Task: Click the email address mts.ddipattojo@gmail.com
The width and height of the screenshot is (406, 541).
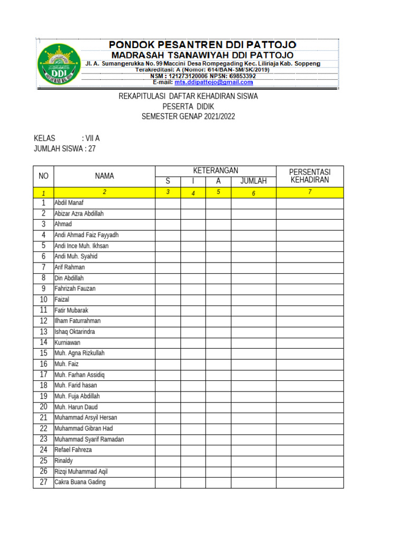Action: point(217,82)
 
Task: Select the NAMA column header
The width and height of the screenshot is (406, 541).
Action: point(104,176)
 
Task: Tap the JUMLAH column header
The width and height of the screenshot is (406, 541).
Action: point(253,181)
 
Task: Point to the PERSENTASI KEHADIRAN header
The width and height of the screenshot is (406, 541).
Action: point(310,176)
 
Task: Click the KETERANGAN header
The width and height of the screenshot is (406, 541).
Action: point(216,171)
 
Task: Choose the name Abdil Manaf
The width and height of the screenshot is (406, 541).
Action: point(69,203)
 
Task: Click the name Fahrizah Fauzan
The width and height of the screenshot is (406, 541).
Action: point(75,289)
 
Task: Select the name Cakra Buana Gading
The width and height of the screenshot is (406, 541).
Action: point(80,482)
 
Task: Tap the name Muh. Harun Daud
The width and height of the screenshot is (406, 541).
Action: point(76,407)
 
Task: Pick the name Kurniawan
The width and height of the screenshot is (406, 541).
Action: point(67,342)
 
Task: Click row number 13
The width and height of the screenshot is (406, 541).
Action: point(43,332)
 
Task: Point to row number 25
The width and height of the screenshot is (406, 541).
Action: point(43,461)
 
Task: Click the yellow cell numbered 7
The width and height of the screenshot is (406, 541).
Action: point(310,192)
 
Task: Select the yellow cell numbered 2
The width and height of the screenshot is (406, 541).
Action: point(104,192)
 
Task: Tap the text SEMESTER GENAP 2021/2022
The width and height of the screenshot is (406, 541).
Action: point(188,116)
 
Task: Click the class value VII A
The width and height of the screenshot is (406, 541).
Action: point(91,138)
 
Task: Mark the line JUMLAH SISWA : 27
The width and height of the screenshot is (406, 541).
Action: point(64,149)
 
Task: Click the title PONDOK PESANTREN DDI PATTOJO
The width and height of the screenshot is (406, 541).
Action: point(202,45)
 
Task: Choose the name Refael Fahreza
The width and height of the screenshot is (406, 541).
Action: point(73,450)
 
